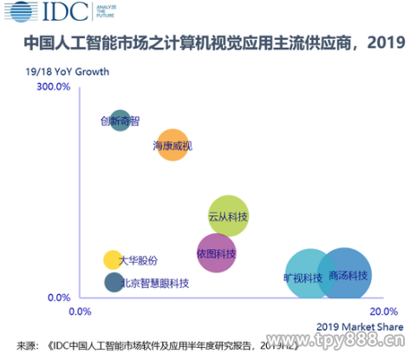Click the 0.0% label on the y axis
point(57,298)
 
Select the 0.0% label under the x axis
point(79,311)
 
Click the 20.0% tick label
point(383,311)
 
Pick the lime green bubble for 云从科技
point(229,215)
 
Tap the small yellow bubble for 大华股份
point(112,259)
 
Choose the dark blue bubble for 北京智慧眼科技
point(113,282)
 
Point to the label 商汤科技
point(349,276)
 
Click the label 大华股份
point(138,259)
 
